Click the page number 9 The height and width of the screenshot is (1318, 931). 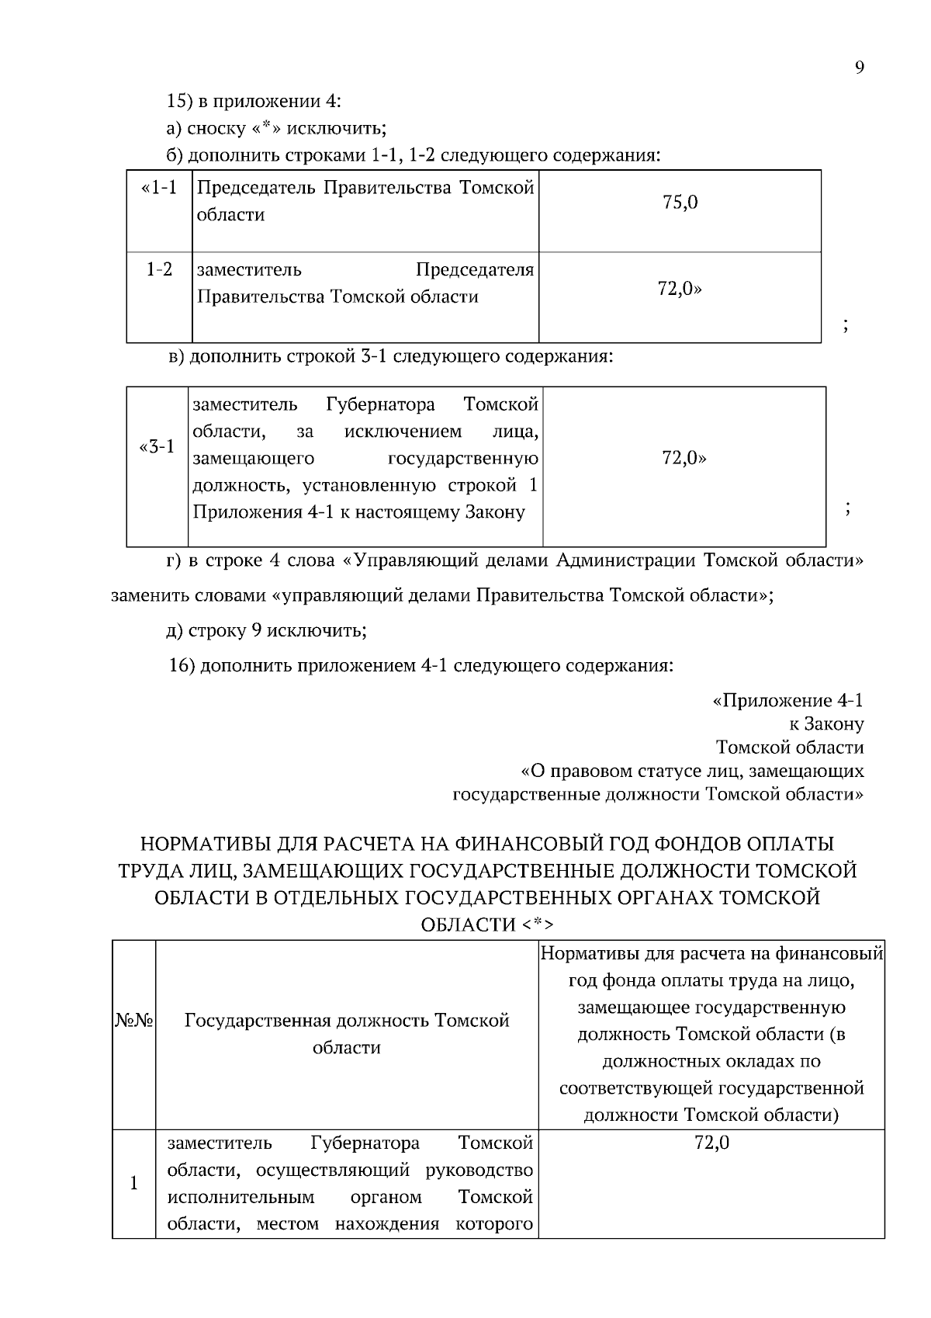coord(859,67)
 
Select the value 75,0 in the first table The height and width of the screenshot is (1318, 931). coord(680,203)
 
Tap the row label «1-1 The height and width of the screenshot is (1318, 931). coord(159,188)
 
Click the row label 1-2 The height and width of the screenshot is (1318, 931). coord(159,270)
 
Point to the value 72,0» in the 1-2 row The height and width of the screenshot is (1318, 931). coord(680,289)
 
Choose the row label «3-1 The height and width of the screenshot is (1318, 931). coord(157,447)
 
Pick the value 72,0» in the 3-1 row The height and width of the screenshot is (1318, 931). coord(684,458)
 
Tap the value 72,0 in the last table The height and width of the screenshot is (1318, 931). coord(711,1143)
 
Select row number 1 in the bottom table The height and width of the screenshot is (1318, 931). coord(134,1183)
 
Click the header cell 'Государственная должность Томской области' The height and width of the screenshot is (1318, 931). coord(347,1033)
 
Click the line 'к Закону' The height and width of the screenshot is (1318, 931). coord(825,724)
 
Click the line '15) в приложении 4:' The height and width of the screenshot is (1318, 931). coord(254,101)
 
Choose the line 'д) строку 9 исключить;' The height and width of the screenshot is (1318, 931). coord(266,630)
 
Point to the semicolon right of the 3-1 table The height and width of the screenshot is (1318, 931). coord(848,509)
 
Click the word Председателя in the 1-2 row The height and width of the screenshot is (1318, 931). coord(475,270)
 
